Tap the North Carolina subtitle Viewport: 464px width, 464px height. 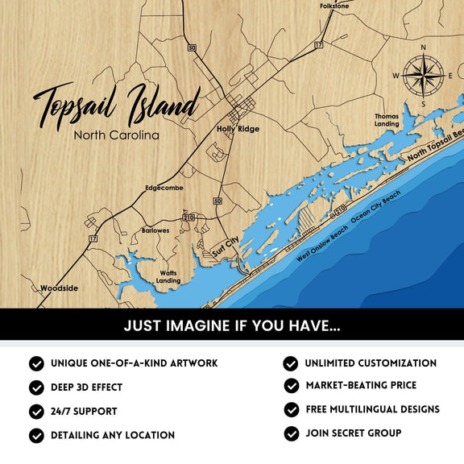[x=116, y=135]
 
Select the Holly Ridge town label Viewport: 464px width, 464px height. [x=238, y=129]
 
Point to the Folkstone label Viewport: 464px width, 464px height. [x=334, y=6]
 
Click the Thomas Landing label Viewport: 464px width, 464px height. [x=387, y=120]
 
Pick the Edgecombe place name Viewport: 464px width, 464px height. [x=164, y=188]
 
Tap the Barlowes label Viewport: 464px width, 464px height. [x=155, y=230]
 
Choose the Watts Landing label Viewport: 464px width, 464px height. [x=168, y=277]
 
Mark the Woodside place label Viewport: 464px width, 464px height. [x=60, y=288]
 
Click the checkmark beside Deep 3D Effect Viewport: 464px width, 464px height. [x=37, y=387]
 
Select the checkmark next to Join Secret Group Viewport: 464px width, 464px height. [x=292, y=433]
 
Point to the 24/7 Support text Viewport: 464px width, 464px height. [x=84, y=411]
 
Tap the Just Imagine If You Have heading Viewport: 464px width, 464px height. [x=232, y=326]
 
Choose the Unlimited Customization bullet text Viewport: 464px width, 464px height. [x=371, y=363]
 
